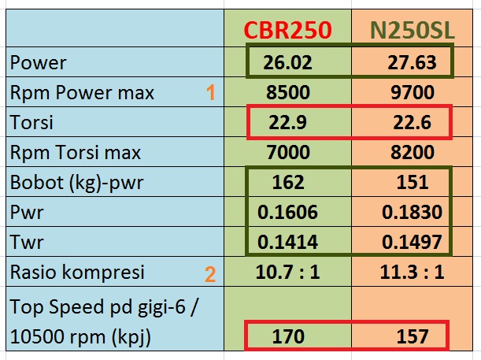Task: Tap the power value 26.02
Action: click(x=287, y=62)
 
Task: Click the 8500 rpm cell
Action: click(x=289, y=93)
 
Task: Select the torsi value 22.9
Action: click(x=289, y=123)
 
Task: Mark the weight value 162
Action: click(x=289, y=183)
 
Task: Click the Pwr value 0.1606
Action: click(x=289, y=213)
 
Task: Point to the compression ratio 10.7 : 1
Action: click(x=289, y=273)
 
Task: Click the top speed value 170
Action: click(x=289, y=336)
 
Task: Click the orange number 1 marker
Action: click(x=210, y=93)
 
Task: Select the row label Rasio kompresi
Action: click(x=77, y=273)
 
